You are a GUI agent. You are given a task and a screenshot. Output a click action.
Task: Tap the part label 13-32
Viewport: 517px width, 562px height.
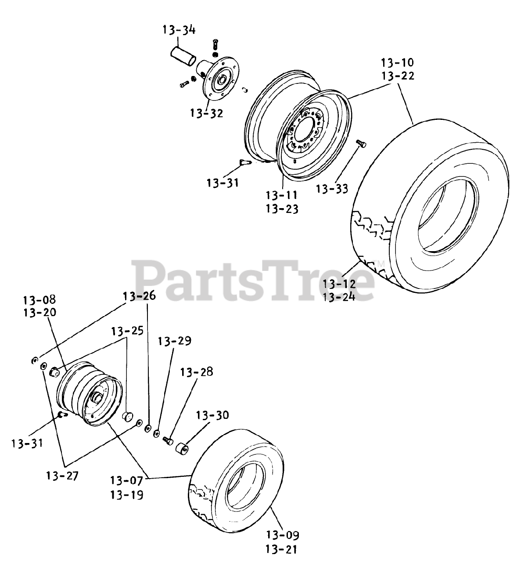click(206, 113)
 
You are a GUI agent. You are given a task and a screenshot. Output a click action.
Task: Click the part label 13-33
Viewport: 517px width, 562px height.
click(332, 189)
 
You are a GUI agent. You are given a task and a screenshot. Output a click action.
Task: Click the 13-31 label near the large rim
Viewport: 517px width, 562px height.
click(223, 182)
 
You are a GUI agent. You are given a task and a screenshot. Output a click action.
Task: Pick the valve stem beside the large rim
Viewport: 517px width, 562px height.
click(244, 163)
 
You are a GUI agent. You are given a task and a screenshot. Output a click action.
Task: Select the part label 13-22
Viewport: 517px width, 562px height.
click(397, 76)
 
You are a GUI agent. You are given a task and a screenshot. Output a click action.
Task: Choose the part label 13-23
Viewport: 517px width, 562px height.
click(282, 209)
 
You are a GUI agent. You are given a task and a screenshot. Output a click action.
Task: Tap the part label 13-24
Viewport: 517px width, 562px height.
click(339, 297)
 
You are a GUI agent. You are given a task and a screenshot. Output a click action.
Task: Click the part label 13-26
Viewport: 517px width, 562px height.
click(139, 296)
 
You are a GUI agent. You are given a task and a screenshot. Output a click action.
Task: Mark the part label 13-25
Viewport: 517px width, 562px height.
click(127, 331)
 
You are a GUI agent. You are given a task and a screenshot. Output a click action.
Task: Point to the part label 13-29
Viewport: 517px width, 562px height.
click(175, 341)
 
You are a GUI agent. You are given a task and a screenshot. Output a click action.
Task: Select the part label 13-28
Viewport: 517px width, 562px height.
click(196, 372)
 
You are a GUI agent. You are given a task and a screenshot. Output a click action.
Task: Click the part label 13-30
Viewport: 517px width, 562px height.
click(212, 415)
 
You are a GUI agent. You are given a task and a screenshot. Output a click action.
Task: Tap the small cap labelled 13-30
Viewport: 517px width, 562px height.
click(182, 450)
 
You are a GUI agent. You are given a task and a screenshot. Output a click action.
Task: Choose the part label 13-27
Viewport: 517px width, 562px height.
click(62, 475)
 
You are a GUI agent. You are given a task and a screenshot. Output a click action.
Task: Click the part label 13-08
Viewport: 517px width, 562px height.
click(39, 300)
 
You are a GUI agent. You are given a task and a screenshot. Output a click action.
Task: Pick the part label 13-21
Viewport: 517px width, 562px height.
click(283, 548)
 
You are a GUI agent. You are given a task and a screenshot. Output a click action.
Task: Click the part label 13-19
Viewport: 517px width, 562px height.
click(126, 495)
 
